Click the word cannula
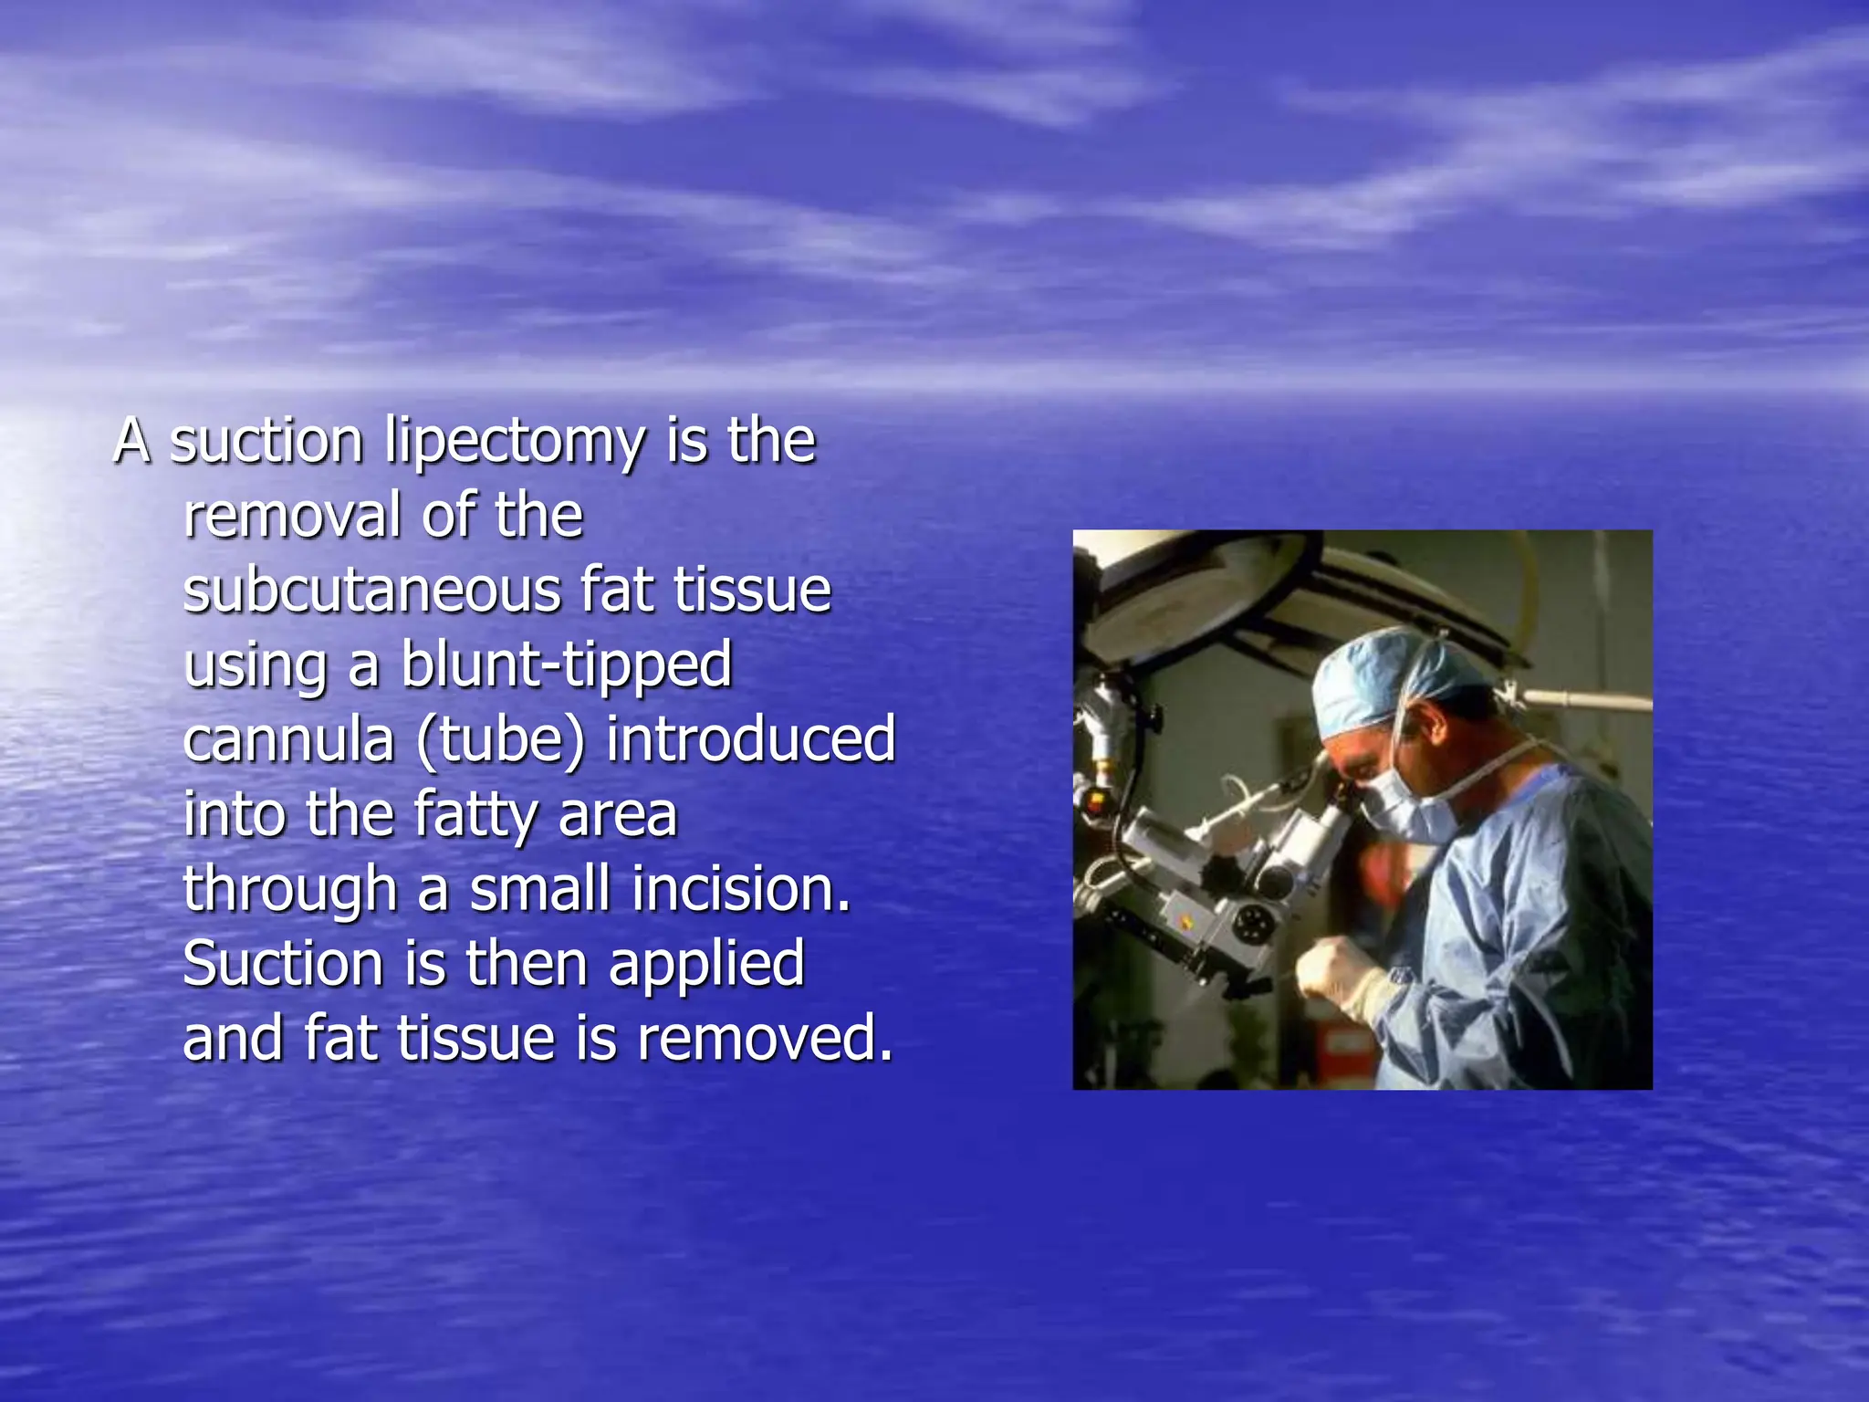[x=288, y=739]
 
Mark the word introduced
[x=750, y=739]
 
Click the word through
[x=288, y=891]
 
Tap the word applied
[x=706, y=965]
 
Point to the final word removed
[x=765, y=1039]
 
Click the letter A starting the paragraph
[x=131, y=442]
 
